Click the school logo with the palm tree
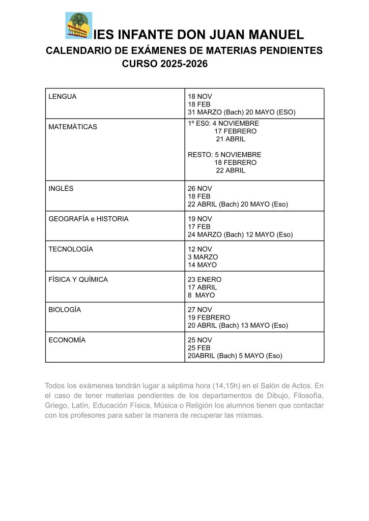(x=79, y=25)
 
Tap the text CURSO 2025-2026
(x=165, y=64)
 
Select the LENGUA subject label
(x=62, y=97)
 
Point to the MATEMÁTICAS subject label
(x=72, y=127)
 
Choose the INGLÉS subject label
(x=61, y=188)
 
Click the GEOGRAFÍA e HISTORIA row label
(x=89, y=219)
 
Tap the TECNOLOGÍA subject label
(x=71, y=249)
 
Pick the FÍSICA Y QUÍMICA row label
(x=78, y=279)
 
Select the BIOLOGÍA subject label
(x=65, y=309)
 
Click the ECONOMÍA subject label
(x=67, y=340)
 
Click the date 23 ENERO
(x=205, y=279)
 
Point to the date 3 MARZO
(x=203, y=257)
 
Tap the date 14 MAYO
(x=202, y=265)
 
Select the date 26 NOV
(x=200, y=188)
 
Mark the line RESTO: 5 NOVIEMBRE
(x=224, y=155)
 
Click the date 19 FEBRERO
(x=209, y=317)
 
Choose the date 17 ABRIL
(x=202, y=287)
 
